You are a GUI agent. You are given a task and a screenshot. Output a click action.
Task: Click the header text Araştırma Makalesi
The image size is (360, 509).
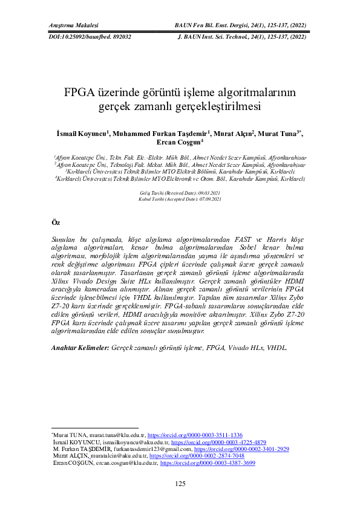(73, 25)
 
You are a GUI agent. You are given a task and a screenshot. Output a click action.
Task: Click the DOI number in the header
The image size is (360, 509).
(90, 36)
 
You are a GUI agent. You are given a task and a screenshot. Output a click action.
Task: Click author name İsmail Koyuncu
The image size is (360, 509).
(81, 134)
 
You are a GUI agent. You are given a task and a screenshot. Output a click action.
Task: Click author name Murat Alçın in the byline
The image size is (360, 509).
(235, 134)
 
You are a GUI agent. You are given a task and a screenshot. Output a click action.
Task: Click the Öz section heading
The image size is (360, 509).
(56, 223)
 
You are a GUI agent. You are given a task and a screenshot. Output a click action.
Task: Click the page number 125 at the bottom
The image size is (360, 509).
(180, 483)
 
